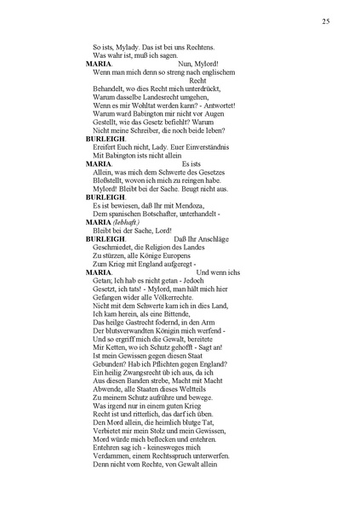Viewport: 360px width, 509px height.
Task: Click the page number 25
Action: click(326, 20)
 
